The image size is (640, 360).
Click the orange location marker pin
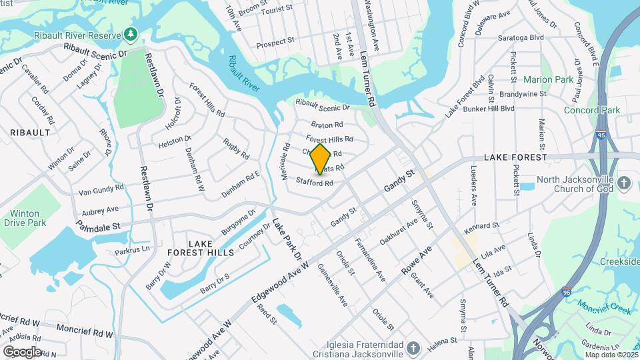tap(321, 159)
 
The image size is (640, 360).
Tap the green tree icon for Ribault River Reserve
tap(131, 33)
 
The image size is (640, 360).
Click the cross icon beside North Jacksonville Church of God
tap(624, 183)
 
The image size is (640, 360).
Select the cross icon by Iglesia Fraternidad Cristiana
tap(413, 348)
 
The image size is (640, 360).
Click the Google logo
tap(22, 352)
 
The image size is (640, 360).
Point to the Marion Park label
tap(548, 79)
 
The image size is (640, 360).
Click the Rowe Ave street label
tap(417, 260)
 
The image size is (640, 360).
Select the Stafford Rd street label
tap(315, 182)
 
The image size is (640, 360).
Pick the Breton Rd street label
tap(327, 125)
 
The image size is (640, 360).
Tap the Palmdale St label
tap(97, 227)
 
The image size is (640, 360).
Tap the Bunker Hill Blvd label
tap(489, 108)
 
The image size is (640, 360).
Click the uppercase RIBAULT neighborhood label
tap(30, 133)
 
